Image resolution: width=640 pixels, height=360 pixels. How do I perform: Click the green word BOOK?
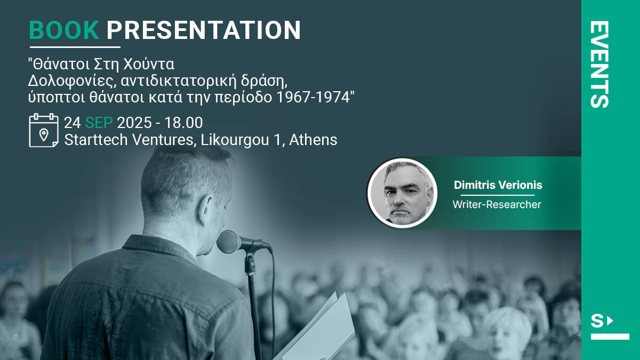[x=64, y=30]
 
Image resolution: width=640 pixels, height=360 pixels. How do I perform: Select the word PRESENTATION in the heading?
[x=204, y=30]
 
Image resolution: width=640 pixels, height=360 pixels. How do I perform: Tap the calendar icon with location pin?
[x=44, y=130]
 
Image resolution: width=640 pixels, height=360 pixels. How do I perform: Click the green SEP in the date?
[x=99, y=123]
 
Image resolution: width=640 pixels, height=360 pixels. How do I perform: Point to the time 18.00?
[x=183, y=123]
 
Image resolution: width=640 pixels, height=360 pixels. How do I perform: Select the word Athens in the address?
[x=313, y=140]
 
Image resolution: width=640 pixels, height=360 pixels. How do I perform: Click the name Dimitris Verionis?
[x=498, y=185]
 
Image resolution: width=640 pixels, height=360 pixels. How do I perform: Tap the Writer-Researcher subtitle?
[x=497, y=205]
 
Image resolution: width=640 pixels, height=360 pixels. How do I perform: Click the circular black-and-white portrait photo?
[x=402, y=193]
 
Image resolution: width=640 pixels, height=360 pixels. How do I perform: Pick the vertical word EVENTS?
[x=599, y=65]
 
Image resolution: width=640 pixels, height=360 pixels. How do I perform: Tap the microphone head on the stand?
[x=229, y=242]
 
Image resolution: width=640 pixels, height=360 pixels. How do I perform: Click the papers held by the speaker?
[x=317, y=329]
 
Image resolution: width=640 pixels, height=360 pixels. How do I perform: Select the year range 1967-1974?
[x=314, y=97]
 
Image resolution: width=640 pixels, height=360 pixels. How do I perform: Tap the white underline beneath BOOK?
[x=75, y=47]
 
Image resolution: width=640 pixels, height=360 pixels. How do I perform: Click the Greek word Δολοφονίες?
[x=73, y=81]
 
